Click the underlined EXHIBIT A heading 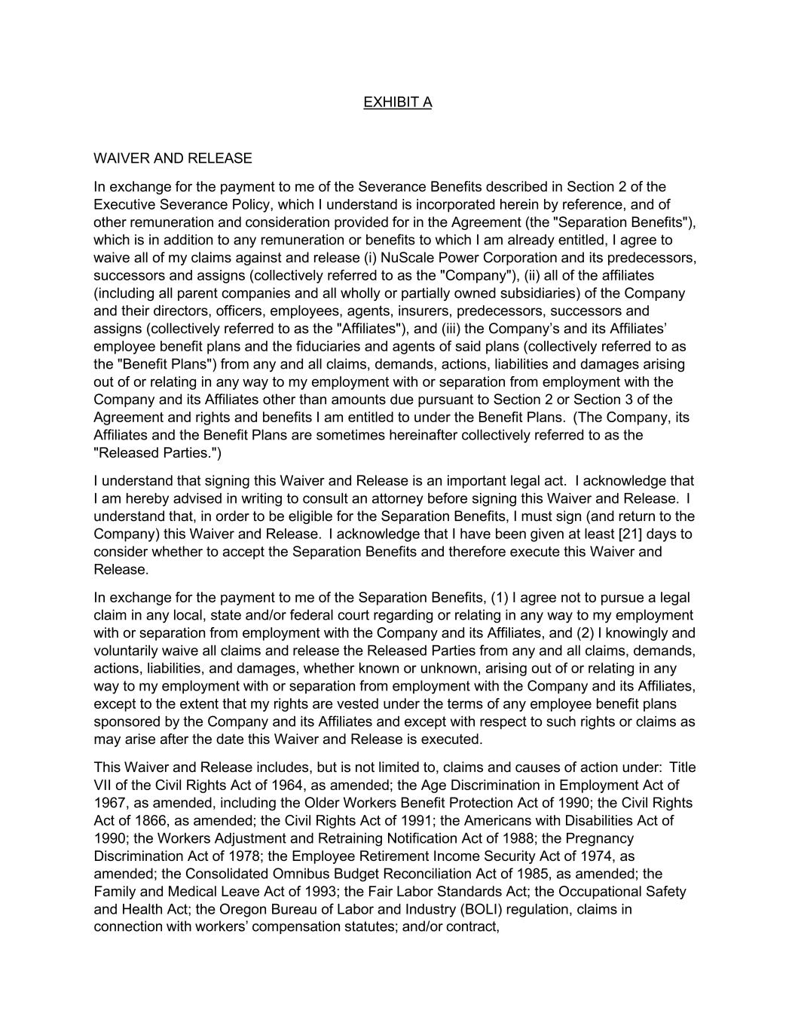coord(397,103)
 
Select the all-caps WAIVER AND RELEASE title coord(173,158)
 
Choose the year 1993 coord(322,892)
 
